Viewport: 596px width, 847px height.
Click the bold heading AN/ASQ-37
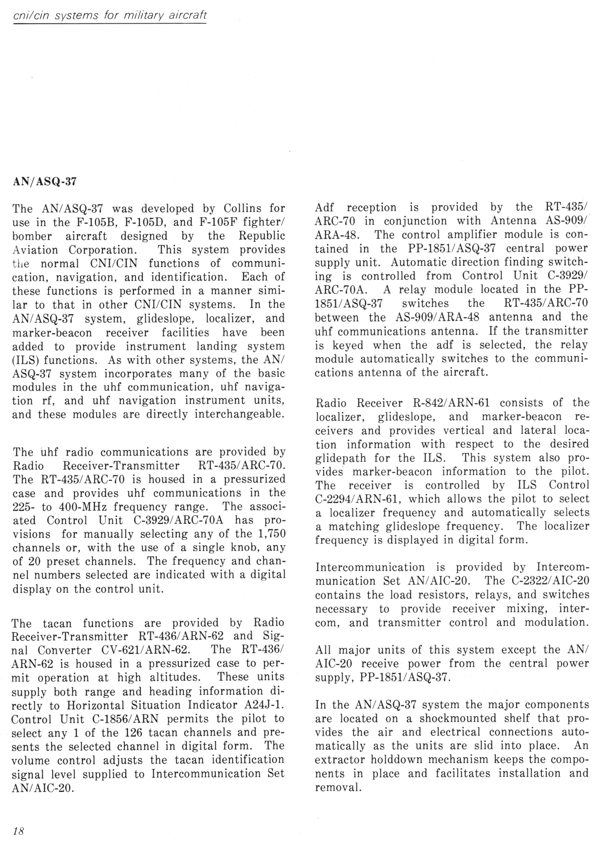44,181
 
